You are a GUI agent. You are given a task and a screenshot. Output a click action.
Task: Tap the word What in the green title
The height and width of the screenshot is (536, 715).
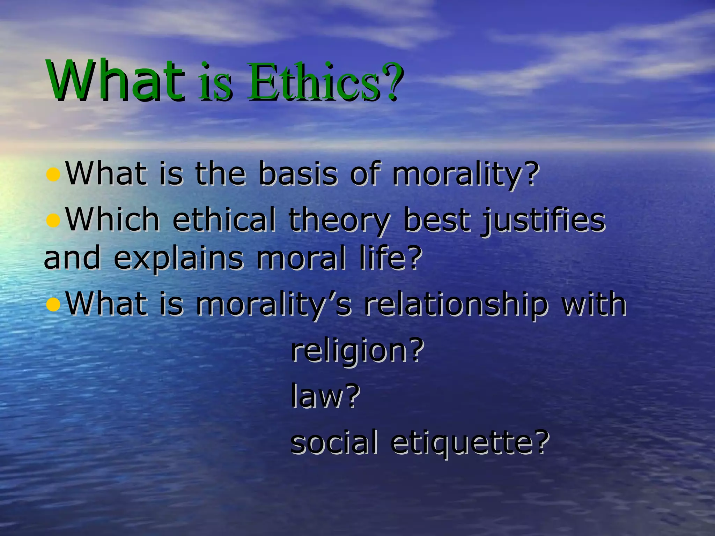(x=116, y=81)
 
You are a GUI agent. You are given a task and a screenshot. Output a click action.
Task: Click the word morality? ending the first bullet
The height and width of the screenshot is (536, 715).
(x=464, y=174)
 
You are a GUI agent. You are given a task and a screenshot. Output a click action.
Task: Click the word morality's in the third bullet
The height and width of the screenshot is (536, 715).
(x=274, y=305)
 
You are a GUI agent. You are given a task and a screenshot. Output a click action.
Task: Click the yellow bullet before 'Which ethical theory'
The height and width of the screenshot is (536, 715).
(x=53, y=220)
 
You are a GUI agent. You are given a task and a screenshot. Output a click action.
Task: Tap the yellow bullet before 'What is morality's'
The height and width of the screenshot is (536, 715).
(x=53, y=304)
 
